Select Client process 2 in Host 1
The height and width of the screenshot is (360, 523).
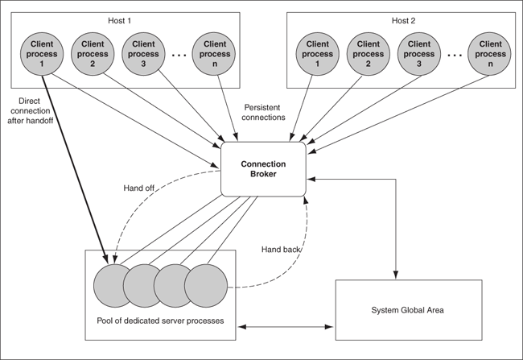coord(93,53)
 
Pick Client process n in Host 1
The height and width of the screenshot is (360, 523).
coord(213,53)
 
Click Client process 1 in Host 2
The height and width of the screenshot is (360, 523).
coord(319,53)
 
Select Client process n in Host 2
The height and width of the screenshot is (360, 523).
coord(489,53)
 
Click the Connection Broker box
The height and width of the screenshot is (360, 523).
coord(264,168)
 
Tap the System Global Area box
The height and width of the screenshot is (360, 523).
coord(408,309)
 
